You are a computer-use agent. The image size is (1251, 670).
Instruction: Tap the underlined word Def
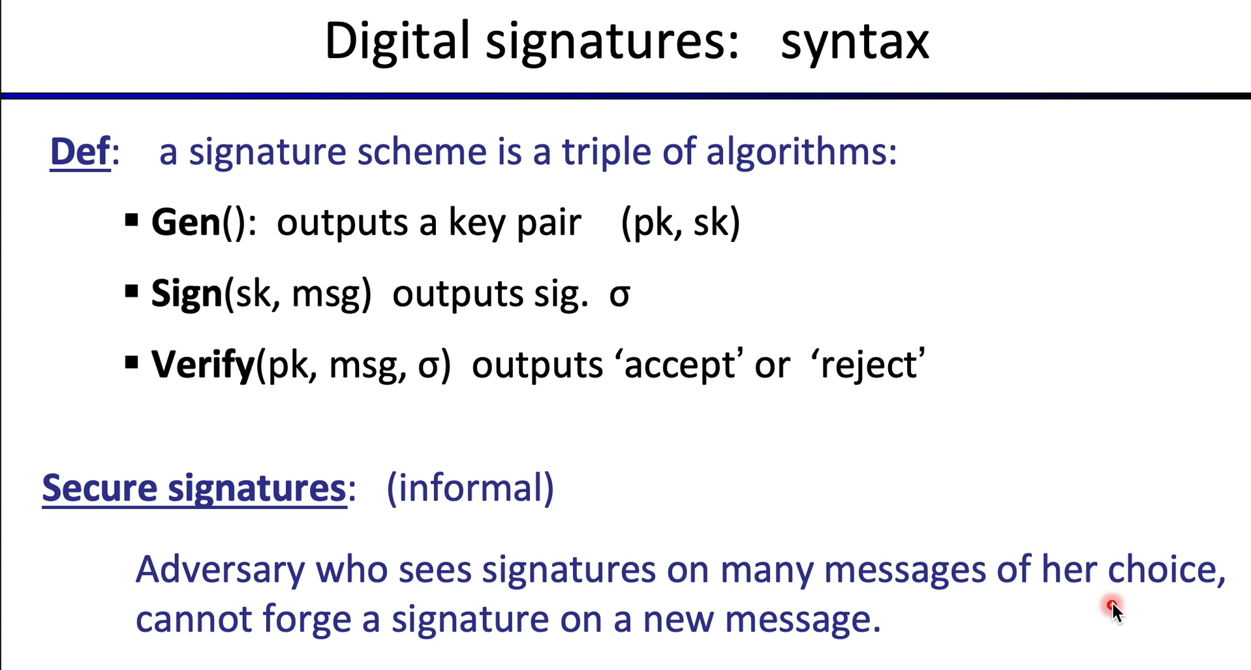(80, 151)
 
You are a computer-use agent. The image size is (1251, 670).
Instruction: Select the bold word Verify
(202, 365)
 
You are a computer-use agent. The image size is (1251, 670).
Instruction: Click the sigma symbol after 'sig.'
(620, 296)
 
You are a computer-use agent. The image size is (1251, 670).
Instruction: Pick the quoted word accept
(678, 365)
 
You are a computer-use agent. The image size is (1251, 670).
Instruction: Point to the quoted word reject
(867, 365)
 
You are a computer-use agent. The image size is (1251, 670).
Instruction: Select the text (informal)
(470, 488)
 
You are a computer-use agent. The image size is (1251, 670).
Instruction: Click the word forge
(307, 620)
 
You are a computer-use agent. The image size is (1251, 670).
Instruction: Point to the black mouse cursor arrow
(1117, 613)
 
